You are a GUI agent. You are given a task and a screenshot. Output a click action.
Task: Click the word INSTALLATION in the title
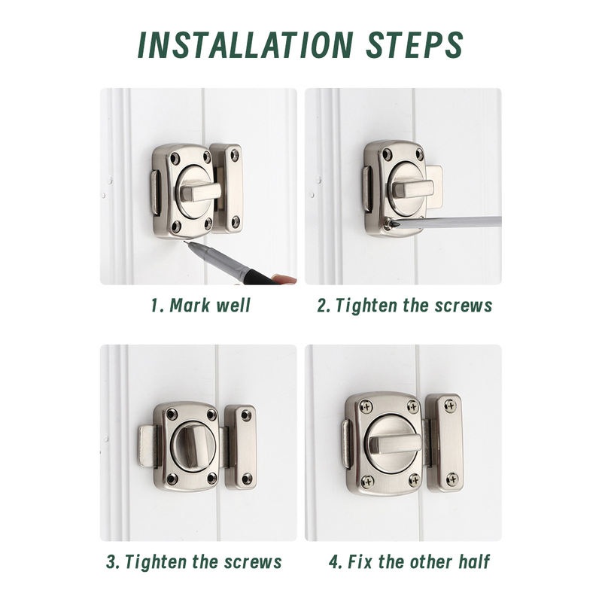[x=245, y=44]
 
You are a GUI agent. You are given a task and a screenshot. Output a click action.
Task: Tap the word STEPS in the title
[x=415, y=44]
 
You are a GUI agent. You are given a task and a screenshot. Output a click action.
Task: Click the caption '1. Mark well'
[x=200, y=306]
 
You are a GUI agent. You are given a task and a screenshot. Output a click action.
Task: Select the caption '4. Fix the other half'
[x=409, y=561]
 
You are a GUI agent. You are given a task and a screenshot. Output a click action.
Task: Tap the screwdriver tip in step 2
[x=389, y=222]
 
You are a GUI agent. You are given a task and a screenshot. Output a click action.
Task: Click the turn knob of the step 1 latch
[x=200, y=192]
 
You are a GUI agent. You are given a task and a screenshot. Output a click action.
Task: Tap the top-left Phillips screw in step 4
[x=366, y=406]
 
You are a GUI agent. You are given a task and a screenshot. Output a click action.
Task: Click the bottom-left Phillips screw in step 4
[x=367, y=480]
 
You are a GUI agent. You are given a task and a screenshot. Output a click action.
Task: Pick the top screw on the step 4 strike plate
[x=450, y=405]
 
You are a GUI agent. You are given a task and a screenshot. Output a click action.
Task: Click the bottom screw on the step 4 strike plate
[x=452, y=479]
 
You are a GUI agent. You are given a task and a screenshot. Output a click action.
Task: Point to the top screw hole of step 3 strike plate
[x=245, y=415]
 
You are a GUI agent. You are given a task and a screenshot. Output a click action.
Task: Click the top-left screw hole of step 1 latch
[x=175, y=157]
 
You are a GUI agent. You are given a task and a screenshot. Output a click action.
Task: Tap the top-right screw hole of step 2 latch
[x=420, y=154]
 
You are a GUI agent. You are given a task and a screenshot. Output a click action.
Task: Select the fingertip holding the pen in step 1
[x=285, y=279]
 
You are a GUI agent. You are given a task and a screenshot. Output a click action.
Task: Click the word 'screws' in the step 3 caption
[x=253, y=562]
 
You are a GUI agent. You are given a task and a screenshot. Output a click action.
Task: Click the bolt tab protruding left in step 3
[x=147, y=445]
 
